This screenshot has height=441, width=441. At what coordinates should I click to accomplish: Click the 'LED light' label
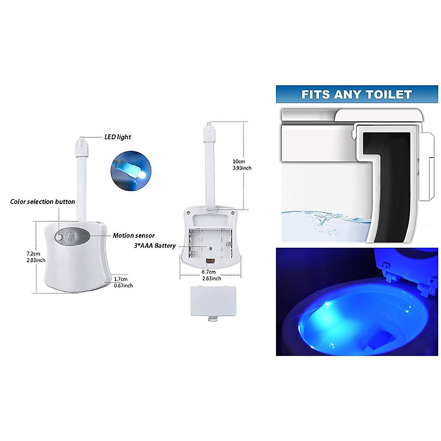(118, 137)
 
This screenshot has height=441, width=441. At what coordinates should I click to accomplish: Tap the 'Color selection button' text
(43, 201)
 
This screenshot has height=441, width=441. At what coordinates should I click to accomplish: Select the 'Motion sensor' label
(134, 236)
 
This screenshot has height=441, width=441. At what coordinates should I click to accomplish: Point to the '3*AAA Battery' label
(155, 245)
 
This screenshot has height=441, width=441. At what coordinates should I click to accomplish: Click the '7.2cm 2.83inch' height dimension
(36, 257)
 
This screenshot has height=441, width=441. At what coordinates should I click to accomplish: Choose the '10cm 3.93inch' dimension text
(242, 165)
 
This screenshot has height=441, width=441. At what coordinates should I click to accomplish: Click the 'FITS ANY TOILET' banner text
(356, 94)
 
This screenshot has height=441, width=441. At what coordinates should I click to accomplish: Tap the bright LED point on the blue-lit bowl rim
(326, 304)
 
